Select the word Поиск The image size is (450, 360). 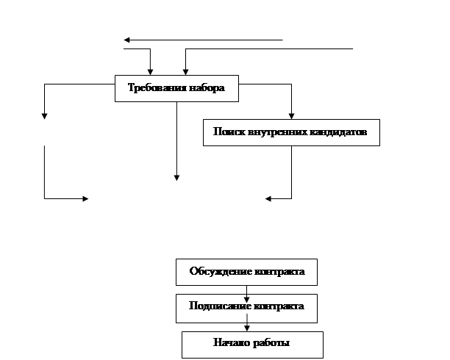(229, 132)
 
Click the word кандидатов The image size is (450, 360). (337, 132)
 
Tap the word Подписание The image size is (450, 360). (220, 306)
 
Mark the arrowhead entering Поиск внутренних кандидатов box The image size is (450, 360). (292, 116)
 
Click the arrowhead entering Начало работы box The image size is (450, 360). (247, 328)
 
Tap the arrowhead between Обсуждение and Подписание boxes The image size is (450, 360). (246, 300)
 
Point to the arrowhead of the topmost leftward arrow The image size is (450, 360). (126, 40)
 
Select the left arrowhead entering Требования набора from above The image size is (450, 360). (151, 72)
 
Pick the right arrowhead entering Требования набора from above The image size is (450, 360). (186, 72)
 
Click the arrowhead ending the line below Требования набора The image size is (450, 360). (176, 178)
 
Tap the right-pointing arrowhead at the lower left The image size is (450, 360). (85, 198)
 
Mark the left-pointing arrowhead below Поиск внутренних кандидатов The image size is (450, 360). (268, 198)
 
